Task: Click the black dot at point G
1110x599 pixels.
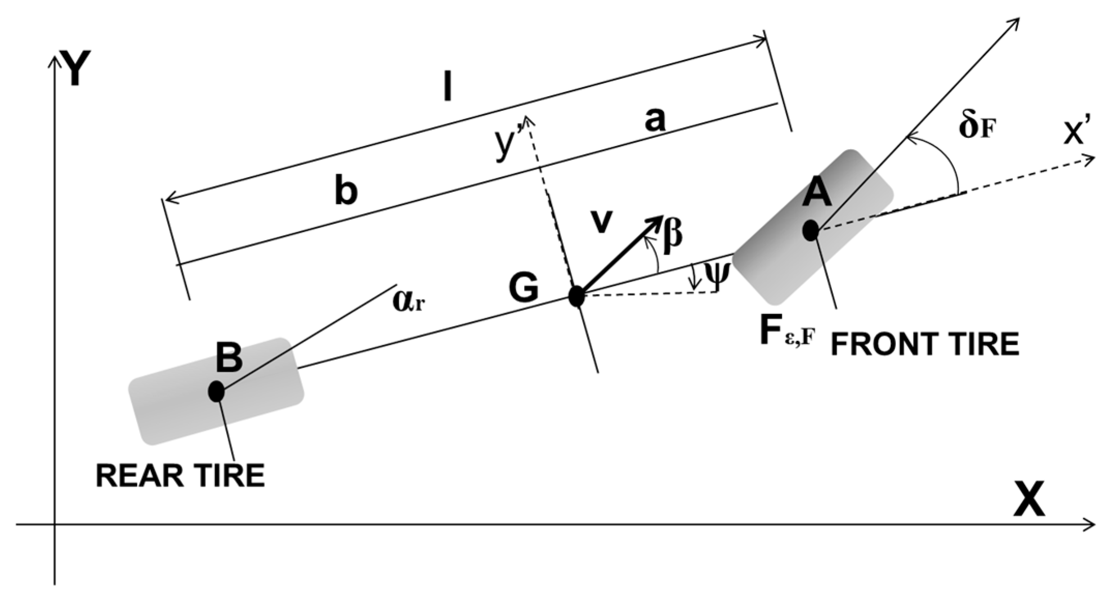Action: pyautogui.click(x=576, y=297)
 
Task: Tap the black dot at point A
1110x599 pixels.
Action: pyautogui.click(x=811, y=230)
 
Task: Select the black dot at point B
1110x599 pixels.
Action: pyautogui.click(x=216, y=391)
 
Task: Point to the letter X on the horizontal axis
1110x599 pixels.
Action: pyautogui.click(x=1029, y=499)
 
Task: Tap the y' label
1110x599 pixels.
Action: pyautogui.click(x=506, y=147)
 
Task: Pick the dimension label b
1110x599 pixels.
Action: pyautogui.click(x=346, y=191)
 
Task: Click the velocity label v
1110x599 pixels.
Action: pyautogui.click(x=602, y=222)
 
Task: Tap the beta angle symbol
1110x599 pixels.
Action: pyautogui.click(x=672, y=236)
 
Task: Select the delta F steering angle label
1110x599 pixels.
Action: pyautogui.click(x=976, y=127)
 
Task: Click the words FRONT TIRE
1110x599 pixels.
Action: pyautogui.click(x=924, y=344)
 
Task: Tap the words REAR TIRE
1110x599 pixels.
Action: pyautogui.click(x=180, y=476)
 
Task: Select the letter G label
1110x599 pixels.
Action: pyautogui.click(x=523, y=288)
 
